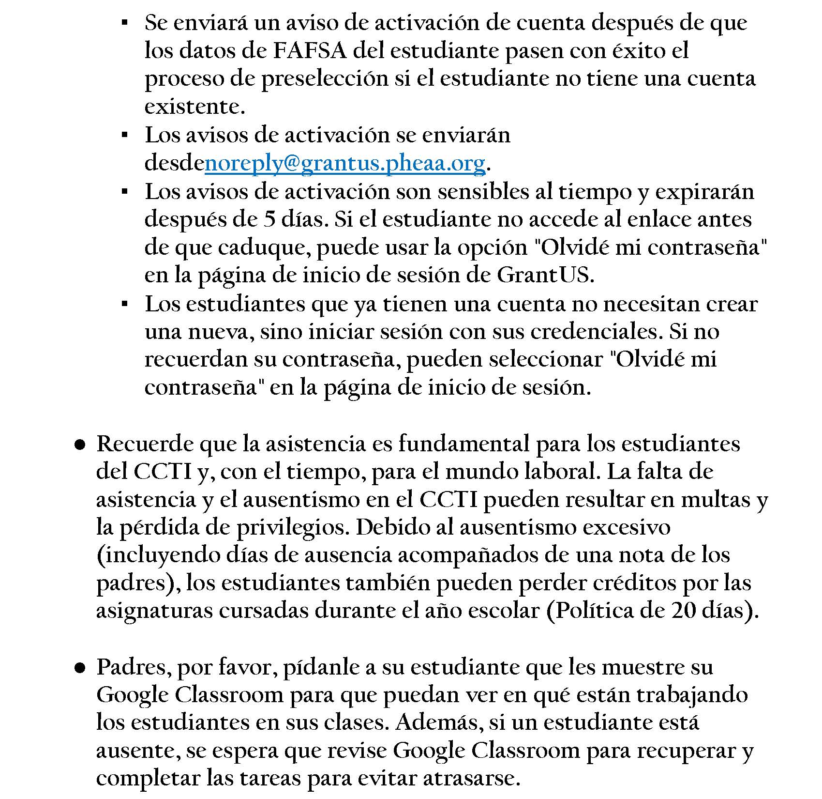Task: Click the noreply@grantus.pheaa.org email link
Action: (345, 164)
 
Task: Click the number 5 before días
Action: (269, 220)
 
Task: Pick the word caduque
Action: (261, 248)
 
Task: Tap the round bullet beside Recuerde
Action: (80, 444)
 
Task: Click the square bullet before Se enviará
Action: (124, 23)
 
